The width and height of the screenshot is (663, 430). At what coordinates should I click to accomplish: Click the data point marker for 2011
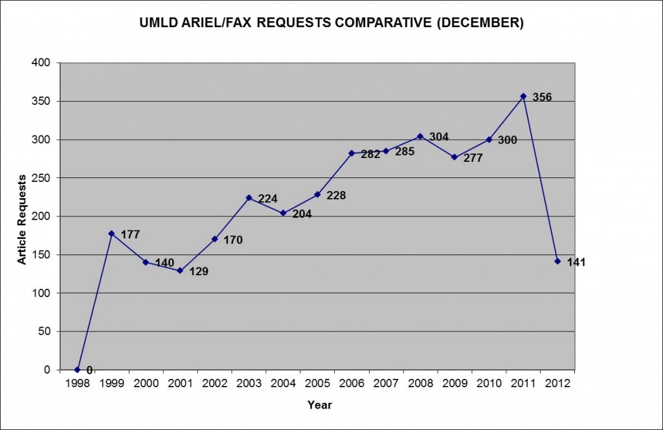point(523,96)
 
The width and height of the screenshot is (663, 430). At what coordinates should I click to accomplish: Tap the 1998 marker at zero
point(77,370)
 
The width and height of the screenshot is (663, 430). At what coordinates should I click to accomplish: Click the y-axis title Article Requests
point(22,218)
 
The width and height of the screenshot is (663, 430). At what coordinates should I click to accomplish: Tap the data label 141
point(576,262)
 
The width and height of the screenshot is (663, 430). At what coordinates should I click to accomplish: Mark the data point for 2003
point(249,198)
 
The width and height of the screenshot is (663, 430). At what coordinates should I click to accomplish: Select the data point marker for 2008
point(420,136)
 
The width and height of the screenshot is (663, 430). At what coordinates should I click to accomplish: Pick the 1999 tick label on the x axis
point(111,383)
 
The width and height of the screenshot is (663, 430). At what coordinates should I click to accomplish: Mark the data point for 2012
point(557,261)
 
